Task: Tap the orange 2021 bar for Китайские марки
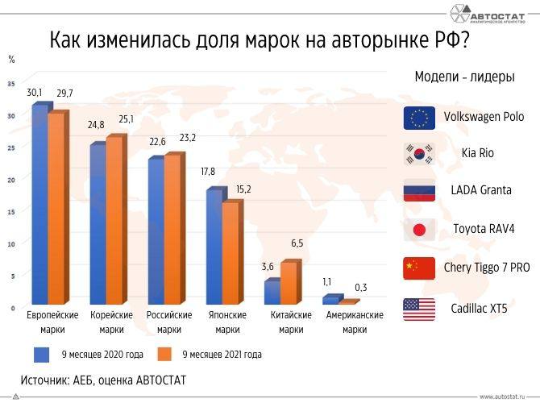(289, 282)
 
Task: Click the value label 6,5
(296, 243)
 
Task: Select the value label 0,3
(360, 288)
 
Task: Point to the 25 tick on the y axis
(10, 147)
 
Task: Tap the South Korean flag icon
(419, 153)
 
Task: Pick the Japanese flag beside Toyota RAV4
(419, 229)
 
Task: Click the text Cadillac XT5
(478, 308)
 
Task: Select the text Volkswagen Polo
(484, 117)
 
